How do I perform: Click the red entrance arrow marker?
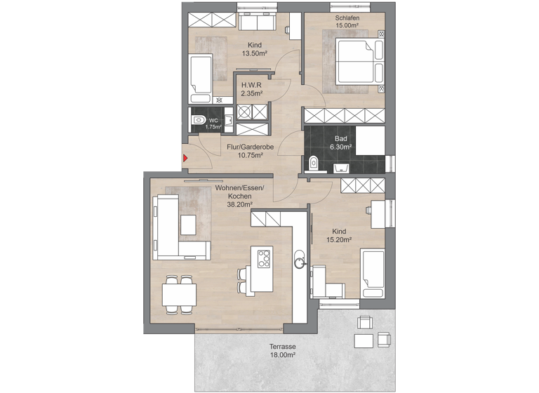click(x=185, y=158)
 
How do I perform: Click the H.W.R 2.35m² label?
click(x=252, y=88)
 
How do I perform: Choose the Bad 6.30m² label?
click(x=342, y=143)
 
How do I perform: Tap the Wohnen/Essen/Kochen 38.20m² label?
click(x=234, y=196)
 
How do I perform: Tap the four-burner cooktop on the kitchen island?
click(x=265, y=258)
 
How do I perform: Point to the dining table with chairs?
click(x=179, y=293)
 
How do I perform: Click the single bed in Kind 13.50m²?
click(x=201, y=78)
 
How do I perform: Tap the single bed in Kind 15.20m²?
click(x=372, y=273)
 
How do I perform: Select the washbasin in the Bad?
click(x=342, y=167)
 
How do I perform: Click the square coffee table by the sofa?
click(x=188, y=225)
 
